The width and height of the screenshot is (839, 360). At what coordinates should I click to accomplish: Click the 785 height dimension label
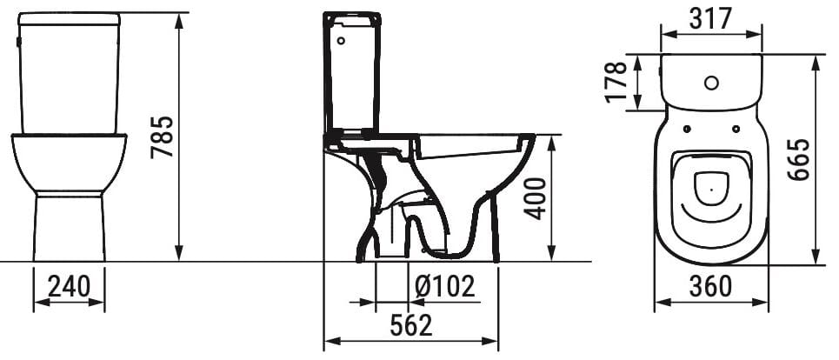point(163,137)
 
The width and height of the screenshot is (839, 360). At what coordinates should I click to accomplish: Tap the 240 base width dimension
point(69,286)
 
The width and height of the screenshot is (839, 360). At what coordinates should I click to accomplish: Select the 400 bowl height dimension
point(536,198)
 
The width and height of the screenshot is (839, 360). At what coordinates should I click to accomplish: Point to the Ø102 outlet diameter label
point(444,286)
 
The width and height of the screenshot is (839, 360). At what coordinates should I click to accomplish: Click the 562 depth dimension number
point(410,325)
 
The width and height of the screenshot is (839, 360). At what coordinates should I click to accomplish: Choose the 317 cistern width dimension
point(710,17)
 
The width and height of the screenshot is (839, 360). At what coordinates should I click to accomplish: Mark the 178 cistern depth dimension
point(616,83)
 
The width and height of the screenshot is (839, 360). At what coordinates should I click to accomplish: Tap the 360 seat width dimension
point(711,285)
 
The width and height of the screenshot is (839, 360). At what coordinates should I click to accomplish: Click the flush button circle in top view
point(711,84)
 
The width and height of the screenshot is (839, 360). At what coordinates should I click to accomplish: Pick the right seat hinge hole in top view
point(736,130)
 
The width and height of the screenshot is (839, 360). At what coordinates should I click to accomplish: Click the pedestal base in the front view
point(69,226)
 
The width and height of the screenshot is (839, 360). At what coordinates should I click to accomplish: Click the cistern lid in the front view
point(69,17)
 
